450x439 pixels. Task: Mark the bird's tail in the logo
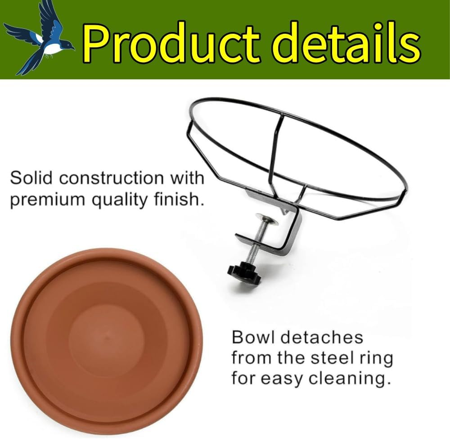coord(22,63)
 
